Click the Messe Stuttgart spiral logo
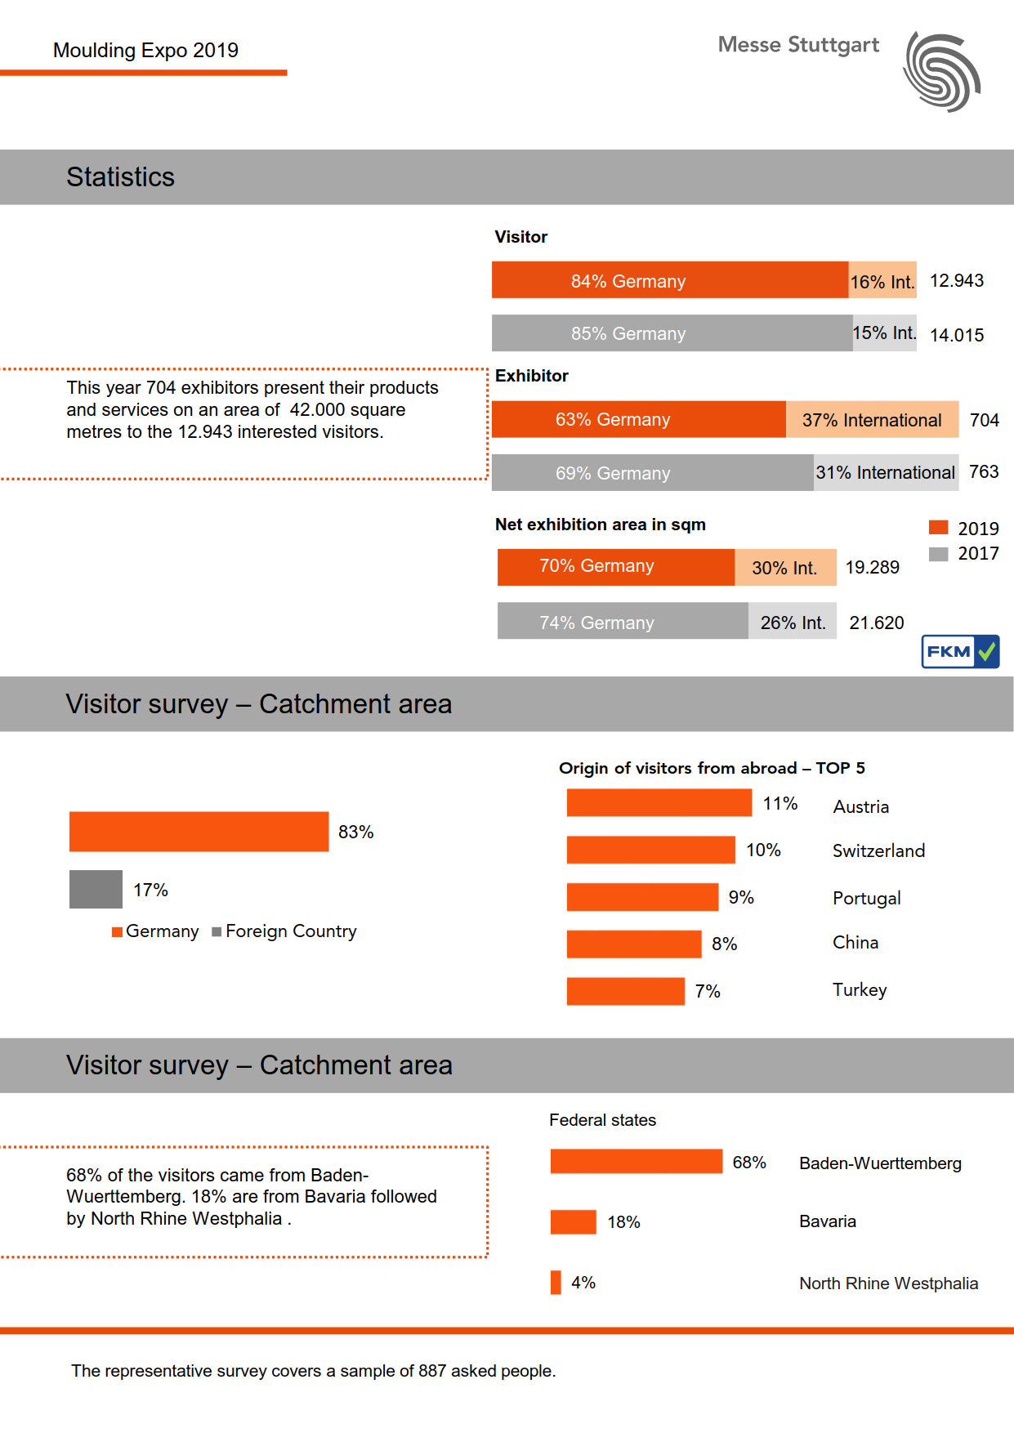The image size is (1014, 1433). click(942, 72)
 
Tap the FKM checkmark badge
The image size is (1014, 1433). click(960, 651)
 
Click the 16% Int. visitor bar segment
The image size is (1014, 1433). click(882, 281)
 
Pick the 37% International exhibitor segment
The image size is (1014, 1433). click(872, 420)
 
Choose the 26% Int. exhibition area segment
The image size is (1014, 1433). click(793, 622)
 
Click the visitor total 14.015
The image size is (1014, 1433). click(957, 335)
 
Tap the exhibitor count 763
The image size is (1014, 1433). click(984, 472)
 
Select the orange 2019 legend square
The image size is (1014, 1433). click(939, 528)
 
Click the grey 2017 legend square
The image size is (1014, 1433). click(939, 554)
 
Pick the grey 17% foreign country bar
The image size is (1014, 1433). click(96, 890)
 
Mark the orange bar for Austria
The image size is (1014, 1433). click(659, 803)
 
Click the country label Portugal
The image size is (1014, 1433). click(866, 898)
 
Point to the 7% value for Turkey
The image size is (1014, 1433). click(708, 991)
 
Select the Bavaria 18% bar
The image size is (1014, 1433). click(573, 1222)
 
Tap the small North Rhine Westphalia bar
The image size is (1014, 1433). click(556, 1283)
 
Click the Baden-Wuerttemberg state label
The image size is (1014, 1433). click(880, 1163)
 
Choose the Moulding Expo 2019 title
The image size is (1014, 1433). click(145, 51)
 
